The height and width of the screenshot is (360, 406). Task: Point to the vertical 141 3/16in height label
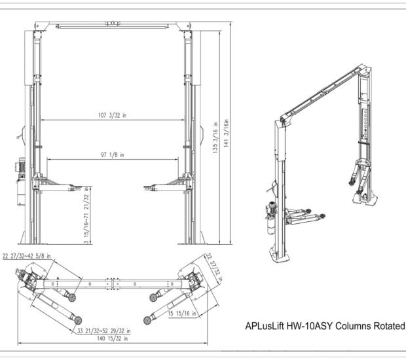click(x=227, y=135)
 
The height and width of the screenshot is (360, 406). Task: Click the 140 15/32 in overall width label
click(x=109, y=338)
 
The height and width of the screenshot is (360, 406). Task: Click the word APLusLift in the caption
click(x=265, y=325)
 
